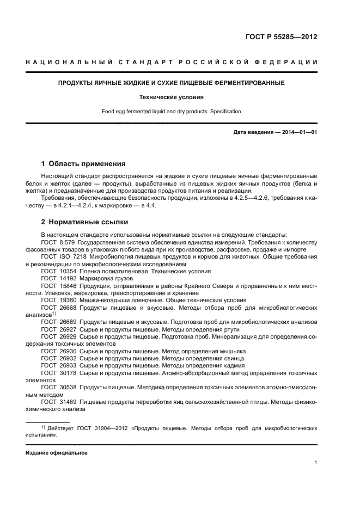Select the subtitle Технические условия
click(180, 97)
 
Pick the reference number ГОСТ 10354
click(58, 271)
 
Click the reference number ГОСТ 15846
click(58, 285)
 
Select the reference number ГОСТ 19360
click(58, 300)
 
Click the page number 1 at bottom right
click(315, 463)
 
